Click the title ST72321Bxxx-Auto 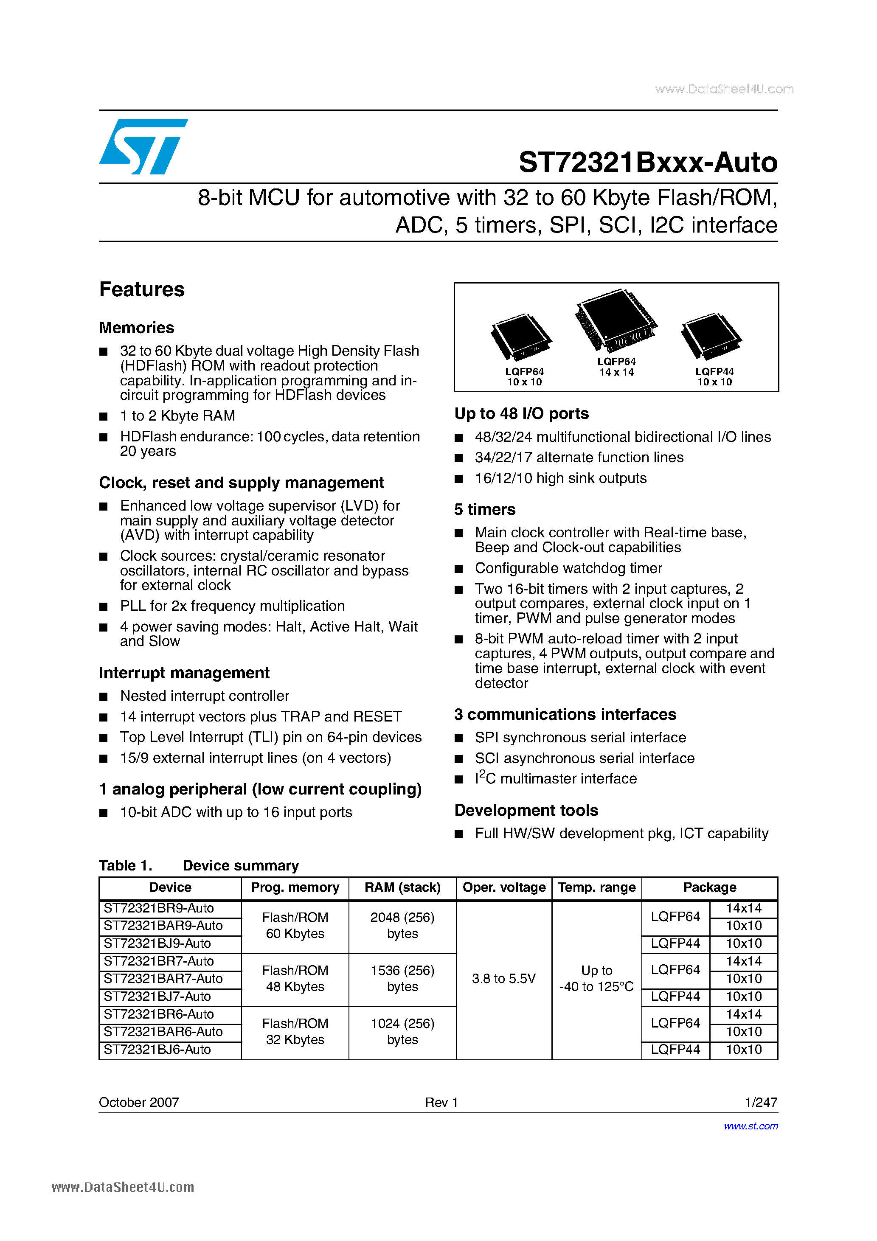pos(648,162)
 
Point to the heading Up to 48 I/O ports pos(521,413)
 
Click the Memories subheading pos(137,328)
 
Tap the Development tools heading pos(526,810)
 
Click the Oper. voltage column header pos(504,887)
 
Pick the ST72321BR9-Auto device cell pos(159,908)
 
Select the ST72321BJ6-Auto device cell pos(157,1050)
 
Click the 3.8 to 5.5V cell pos(503,978)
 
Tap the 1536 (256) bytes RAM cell pos(402,978)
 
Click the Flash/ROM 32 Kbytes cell pos(295,1031)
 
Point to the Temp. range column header pos(596,887)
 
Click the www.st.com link pos(751,1126)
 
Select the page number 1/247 pos(761,1102)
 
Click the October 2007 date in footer pos(139,1102)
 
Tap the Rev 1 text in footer pos(441,1102)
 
